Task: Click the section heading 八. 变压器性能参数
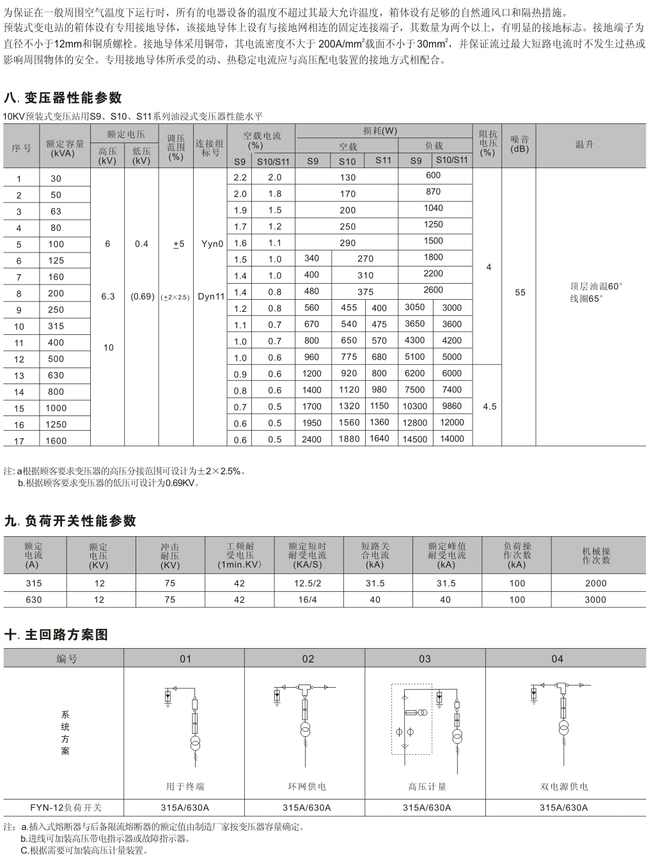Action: (x=63, y=98)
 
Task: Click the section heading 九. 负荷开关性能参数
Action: (x=70, y=521)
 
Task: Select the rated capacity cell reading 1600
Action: (x=56, y=440)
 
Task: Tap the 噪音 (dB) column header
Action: (x=520, y=144)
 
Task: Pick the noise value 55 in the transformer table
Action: (x=520, y=293)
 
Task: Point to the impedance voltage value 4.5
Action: (x=489, y=406)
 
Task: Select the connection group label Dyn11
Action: (x=211, y=297)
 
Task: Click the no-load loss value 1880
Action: (x=348, y=439)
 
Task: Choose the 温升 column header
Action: (x=584, y=144)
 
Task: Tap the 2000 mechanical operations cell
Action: (x=595, y=583)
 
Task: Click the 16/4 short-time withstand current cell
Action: (x=307, y=600)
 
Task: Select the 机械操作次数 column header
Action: (x=595, y=555)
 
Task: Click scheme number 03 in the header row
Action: (x=425, y=659)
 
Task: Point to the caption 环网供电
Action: (x=307, y=787)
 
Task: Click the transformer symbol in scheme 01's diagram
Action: (x=195, y=743)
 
